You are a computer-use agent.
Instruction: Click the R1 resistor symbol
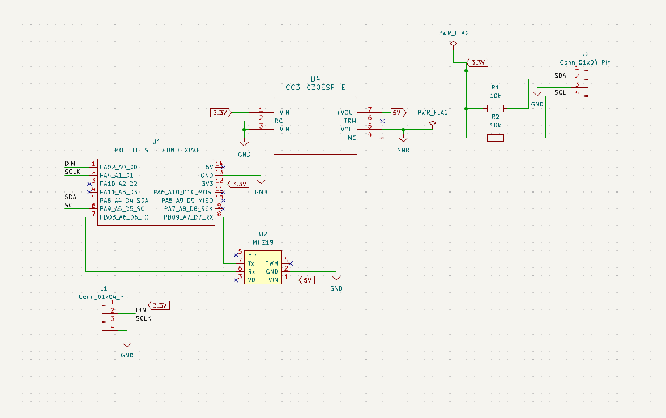495,108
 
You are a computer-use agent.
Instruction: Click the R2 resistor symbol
495,138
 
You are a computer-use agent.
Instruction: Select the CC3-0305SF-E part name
315,87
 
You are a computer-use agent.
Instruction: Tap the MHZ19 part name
263,242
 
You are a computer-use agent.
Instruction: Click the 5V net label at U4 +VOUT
399,113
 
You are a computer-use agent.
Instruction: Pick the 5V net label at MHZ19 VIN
307,280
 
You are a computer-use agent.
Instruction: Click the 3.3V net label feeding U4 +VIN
221,113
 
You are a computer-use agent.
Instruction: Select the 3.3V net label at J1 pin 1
159,305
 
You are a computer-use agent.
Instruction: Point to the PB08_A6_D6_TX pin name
124,217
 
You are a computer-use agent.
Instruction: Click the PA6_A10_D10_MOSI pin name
183,193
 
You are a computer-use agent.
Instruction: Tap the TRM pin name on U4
350,121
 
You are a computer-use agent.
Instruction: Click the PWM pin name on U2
272,263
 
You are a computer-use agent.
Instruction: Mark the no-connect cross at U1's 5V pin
223,168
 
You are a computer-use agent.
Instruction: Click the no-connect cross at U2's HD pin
236,255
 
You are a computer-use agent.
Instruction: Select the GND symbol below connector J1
127,344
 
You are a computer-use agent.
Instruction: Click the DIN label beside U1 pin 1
70,164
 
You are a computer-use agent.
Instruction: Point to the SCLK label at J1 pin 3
144,318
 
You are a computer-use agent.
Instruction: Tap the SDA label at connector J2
560,76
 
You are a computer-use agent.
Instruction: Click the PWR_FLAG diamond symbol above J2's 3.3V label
453,44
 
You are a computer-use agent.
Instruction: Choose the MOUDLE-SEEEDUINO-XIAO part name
156,151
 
